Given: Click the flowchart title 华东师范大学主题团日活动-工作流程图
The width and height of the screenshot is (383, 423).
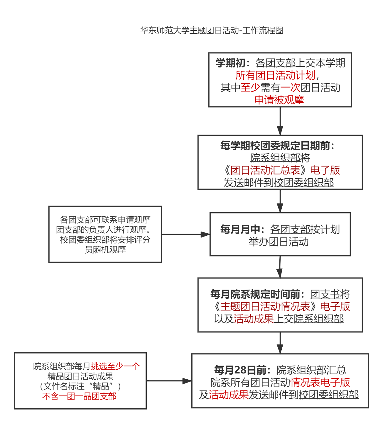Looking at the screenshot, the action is (x=212, y=30).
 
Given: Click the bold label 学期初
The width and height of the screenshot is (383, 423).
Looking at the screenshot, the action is (x=230, y=63).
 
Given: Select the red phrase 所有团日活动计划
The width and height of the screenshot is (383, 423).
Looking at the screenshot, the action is (x=275, y=75).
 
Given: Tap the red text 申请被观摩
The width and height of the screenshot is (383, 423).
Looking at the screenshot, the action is (x=279, y=100).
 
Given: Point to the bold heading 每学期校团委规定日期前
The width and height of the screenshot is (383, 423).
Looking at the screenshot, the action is (x=275, y=145).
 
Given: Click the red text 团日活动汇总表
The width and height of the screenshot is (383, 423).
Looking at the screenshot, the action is (x=265, y=170).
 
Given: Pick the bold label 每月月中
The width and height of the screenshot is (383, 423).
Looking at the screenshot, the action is (x=240, y=229).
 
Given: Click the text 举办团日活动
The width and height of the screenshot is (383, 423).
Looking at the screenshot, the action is (x=279, y=242).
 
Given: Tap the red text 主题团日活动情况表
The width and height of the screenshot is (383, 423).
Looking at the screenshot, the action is (x=265, y=306).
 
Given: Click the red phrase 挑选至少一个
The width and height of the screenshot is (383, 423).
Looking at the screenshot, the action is (x=115, y=366).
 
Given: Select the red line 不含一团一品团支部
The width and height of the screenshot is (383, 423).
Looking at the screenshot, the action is (x=79, y=396).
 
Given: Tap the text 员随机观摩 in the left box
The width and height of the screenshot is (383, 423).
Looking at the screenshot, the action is (x=105, y=250).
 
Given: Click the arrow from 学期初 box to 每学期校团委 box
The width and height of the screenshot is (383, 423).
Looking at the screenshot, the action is (x=280, y=121).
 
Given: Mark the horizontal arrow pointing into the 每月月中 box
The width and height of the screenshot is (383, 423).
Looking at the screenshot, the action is (x=186, y=234).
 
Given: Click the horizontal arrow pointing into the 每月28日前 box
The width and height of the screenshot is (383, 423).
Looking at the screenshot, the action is (x=169, y=381).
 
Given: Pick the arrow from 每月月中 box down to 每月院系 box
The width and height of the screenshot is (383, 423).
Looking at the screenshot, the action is (x=280, y=267).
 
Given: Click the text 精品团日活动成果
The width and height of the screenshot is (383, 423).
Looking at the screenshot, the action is (x=80, y=376).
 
